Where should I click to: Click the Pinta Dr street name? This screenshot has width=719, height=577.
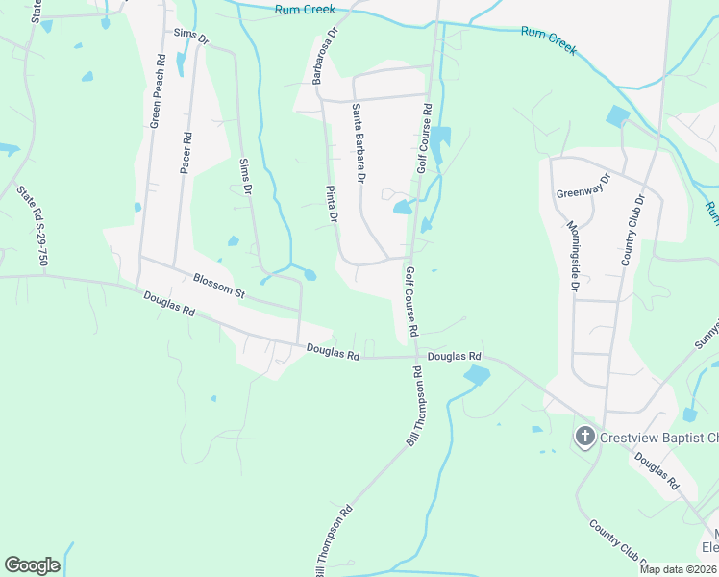pyautogui.click(x=332, y=204)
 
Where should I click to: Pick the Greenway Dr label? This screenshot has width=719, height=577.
pyautogui.click(x=583, y=187)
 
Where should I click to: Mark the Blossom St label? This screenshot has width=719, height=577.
pyautogui.click(x=219, y=287)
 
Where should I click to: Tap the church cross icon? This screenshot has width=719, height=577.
pyautogui.click(x=583, y=438)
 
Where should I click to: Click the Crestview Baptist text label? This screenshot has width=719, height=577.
pyautogui.click(x=658, y=438)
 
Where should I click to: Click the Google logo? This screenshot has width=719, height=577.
pyautogui.click(x=32, y=565)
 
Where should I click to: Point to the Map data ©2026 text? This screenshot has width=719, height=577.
pyautogui.click(x=676, y=569)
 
